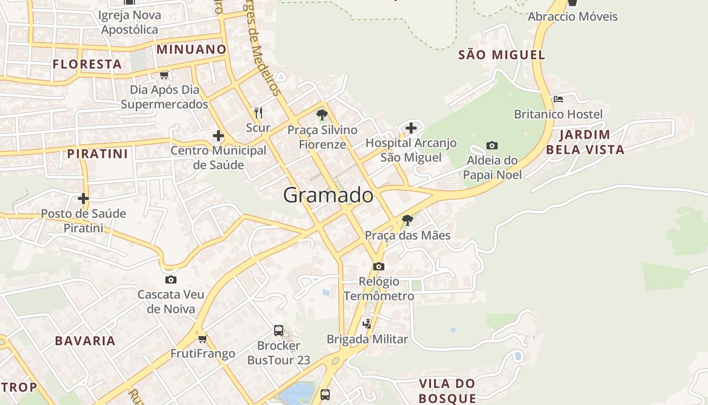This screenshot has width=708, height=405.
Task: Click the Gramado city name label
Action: click(x=328, y=195)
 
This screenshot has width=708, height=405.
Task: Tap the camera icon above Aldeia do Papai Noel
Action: click(x=492, y=146)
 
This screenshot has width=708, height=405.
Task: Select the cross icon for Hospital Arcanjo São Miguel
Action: click(x=411, y=128)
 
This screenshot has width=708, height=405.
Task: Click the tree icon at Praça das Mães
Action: click(x=407, y=220)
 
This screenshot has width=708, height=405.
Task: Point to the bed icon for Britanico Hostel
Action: click(x=558, y=99)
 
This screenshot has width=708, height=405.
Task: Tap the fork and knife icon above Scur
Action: click(x=258, y=112)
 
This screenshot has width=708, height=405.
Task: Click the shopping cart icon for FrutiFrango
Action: click(x=203, y=338)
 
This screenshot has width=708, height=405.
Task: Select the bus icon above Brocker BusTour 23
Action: click(x=279, y=331)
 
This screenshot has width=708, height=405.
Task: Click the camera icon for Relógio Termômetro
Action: click(x=378, y=266)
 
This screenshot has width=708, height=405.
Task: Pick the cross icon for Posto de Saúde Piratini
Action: click(x=83, y=198)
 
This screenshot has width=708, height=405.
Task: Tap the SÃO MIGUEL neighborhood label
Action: click(x=502, y=55)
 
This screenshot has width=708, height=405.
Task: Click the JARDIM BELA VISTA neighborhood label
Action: click(x=585, y=142)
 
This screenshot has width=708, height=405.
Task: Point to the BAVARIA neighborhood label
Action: click(x=85, y=341)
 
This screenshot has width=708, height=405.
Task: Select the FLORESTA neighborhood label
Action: click(x=87, y=64)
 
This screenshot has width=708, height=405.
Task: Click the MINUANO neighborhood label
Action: click(x=191, y=50)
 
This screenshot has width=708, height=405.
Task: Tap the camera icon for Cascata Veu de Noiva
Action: click(x=171, y=279)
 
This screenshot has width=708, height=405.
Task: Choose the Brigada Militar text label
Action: click(x=367, y=339)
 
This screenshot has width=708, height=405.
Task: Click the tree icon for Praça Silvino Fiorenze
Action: click(x=322, y=115)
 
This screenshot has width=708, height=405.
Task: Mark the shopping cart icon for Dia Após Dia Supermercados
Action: click(x=164, y=75)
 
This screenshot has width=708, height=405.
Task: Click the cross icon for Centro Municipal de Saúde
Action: click(x=218, y=136)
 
